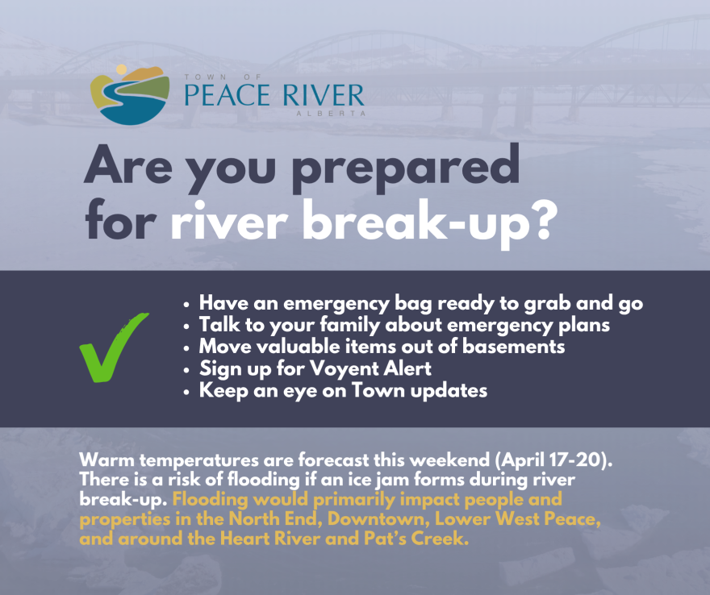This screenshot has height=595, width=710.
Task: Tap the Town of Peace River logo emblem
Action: [x=130, y=94]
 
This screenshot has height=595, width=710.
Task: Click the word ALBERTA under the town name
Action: [x=331, y=113]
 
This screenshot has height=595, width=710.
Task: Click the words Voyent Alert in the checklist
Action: [x=370, y=368]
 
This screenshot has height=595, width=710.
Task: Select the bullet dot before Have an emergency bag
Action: [x=186, y=305]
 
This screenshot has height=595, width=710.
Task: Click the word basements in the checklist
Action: [x=513, y=347]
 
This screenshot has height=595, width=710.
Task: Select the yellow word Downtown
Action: [x=379, y=518]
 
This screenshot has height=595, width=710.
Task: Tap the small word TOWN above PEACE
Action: [x=200, y=77]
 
